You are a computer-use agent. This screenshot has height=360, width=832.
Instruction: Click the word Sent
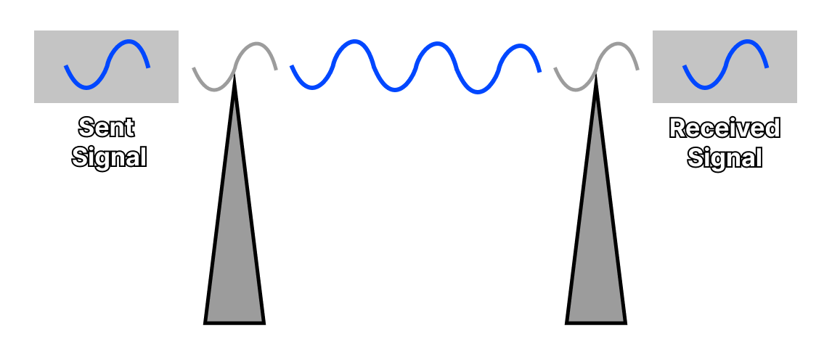tap(106, 128)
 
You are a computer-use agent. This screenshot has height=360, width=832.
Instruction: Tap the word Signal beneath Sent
tap(109, 157)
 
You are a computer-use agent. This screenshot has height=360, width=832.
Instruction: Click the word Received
tap(725, 128)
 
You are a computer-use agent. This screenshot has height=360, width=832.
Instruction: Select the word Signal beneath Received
tap(725, 157)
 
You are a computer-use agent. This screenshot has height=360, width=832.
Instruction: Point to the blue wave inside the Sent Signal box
tap(107, 65)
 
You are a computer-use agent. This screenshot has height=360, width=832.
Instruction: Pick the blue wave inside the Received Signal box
tap(725, 65)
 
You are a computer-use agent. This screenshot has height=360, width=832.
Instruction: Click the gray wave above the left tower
tap(234, 67)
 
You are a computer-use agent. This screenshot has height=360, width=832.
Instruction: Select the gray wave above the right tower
tap(596, 67)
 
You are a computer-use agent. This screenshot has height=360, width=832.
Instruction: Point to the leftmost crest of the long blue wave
tap(353, 42)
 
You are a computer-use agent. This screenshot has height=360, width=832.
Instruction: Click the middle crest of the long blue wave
tap(436, 44)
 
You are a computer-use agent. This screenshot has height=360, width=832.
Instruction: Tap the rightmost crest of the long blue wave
tap(518, 46)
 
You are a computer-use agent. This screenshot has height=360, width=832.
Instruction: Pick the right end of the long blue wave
tap(540, 71)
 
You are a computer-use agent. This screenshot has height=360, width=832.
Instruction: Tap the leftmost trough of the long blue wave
tap(313, 87)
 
